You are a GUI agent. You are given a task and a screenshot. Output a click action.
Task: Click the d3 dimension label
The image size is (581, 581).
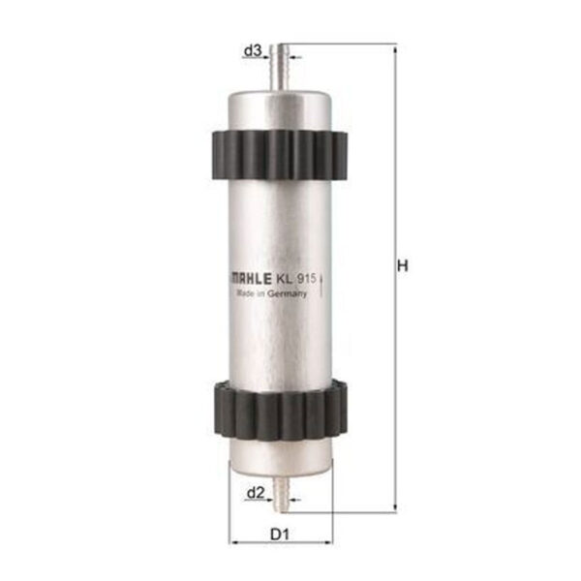[x=253, y=50]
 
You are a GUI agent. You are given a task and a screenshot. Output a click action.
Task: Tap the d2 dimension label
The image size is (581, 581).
[x=256, y=493]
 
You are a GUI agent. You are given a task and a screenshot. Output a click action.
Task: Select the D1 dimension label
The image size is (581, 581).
[x=280, y=535]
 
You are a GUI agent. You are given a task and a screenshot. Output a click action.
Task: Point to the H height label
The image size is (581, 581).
[x=403, y=265]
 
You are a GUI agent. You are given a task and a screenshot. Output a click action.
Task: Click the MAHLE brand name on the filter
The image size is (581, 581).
[x=251, y=279]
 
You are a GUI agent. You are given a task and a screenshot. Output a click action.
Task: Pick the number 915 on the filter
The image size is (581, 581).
[x=306, y=278]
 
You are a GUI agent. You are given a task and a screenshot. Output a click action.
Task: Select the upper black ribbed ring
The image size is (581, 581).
[x=280, y=155]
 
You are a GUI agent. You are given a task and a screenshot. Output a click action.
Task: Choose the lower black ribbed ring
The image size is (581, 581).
[x=281, y=409]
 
